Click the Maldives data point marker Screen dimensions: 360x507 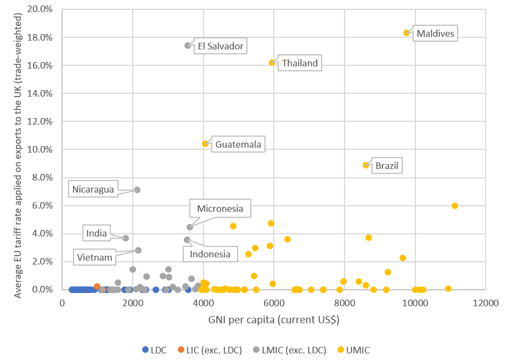coord(407,33)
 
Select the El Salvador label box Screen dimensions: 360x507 coord(221,46)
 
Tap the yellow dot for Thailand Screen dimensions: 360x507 coord(272,63)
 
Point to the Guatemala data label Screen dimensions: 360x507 coord(238,145)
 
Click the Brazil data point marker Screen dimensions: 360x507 coord(366,165)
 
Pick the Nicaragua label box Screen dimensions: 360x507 coord(93,190)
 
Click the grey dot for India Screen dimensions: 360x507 coord(126,238)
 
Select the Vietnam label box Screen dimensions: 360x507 coord(95,257)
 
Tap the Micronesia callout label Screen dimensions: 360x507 coord(220,209)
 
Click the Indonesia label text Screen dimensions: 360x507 coord(210,254)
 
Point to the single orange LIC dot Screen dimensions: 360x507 coord(97,286)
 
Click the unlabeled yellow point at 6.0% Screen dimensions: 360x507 coord(455,206)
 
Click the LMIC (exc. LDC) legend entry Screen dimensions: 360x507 coord(288,350)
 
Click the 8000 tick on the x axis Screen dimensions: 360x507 coord(345,302)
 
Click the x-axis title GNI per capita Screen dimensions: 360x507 coord(273,318)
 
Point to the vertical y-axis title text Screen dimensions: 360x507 coord(18,149)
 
